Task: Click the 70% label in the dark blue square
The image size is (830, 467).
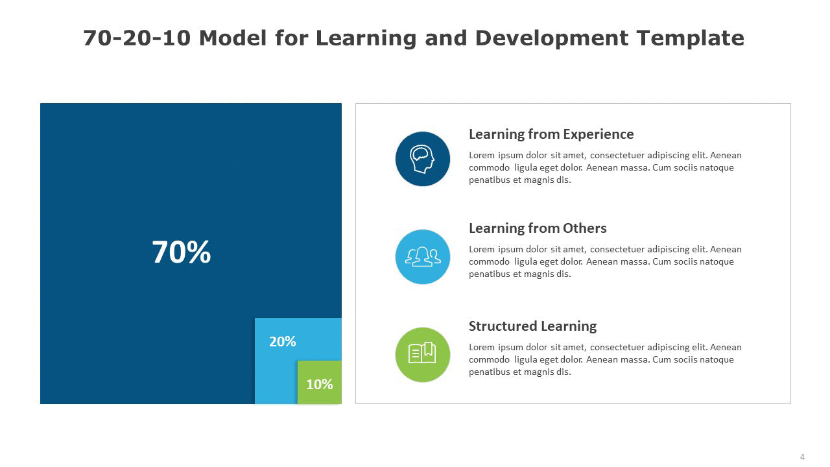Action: (181, 252)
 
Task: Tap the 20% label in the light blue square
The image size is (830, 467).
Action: (282, 342)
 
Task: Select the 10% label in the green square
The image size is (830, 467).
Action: (320, 385)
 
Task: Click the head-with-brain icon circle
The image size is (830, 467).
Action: (422, 159)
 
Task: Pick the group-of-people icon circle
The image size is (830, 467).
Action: (422, 257)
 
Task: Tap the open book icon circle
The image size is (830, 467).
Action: (422, 355)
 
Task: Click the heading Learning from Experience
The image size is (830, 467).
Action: (551, 134)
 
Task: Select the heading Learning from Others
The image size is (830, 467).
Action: (538, 228)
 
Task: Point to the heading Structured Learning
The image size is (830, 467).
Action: (532, 326)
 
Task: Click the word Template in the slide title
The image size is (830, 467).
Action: (691, 38)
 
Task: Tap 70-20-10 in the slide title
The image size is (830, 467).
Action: (137, 38)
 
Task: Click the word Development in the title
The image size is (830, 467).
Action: (552, 38)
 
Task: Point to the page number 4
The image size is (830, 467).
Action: (802, 457)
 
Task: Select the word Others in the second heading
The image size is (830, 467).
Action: (585, 228)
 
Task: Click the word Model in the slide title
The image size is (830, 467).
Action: (233, 38)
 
